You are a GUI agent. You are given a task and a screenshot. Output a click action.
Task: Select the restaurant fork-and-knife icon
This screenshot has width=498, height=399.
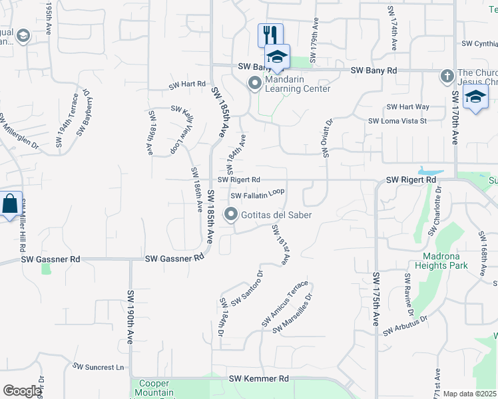pos(270,35)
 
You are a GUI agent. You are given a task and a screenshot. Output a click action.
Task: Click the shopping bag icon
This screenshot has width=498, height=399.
pos(10,204)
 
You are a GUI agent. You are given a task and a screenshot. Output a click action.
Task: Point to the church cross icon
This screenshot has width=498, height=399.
pos(447,76)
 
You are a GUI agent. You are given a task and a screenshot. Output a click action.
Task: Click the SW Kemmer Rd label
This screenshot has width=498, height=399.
pos(260,378)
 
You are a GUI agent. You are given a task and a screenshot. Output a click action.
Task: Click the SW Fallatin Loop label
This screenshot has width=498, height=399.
pos(258,194)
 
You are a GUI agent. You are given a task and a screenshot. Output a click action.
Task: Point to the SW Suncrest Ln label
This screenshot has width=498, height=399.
pos(99,366)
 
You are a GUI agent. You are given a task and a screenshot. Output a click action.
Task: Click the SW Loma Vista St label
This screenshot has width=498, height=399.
pos(397,121)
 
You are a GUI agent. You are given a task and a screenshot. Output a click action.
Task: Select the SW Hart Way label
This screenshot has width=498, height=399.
pos(407,106)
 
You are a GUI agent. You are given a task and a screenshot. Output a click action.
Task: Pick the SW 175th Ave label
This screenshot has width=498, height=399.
pos(376,299)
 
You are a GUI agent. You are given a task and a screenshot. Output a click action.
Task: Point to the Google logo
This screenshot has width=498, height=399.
pos(21,391)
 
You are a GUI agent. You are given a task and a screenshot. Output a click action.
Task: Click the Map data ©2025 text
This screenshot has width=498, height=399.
pos(470,394)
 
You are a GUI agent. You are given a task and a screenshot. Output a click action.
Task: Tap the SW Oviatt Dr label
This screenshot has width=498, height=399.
pos(327,138)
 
